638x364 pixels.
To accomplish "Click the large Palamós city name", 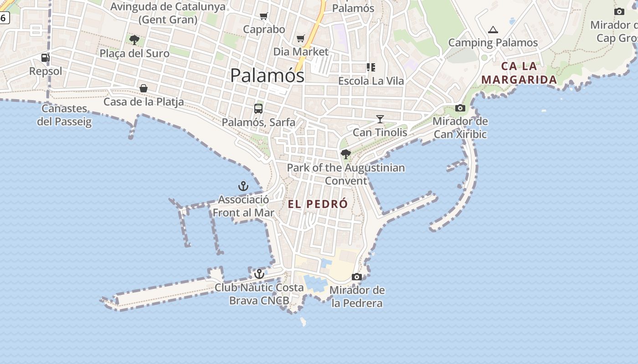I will pos(267,75).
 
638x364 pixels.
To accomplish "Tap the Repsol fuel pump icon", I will pos(45,58).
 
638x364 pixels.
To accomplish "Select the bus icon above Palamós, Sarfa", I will pos(258,109).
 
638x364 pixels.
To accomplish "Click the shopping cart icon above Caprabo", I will pos(263,16).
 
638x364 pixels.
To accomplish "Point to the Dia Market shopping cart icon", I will pos(300,39).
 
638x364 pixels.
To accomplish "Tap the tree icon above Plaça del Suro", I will pos(134,40).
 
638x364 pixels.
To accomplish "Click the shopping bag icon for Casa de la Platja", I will pos(144,88).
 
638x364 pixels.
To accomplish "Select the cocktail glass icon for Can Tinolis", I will pos(380,119).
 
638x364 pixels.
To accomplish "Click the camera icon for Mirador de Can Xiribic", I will pos(460,108).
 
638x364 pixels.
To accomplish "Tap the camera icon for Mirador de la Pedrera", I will pos(357,277).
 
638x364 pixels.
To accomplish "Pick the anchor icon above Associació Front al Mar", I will pos(243,186).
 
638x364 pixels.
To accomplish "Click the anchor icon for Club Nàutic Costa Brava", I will pos(259,274).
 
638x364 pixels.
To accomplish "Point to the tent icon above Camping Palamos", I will pos(493,30).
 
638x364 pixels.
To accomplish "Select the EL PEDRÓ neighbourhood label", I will pos(318,204).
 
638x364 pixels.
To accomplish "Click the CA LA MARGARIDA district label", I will pos(519,73).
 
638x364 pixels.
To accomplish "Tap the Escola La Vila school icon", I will pos(371,67).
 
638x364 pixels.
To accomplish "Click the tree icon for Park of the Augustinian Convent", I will pos(345,154).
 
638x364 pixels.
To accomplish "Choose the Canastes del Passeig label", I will pos(64,115).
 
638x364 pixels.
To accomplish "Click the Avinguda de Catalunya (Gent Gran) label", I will pos(168,13).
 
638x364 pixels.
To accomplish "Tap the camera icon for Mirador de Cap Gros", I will pos(619,11).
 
